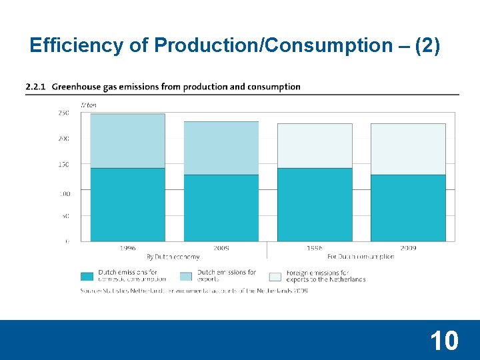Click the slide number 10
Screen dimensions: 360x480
point(444,341)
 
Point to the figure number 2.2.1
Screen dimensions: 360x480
point(35,87)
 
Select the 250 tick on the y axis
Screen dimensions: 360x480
point(63,113)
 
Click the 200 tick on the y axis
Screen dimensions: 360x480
point(63,139)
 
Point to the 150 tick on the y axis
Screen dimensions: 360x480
point(63,164)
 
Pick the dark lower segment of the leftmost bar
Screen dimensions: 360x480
point(127,204)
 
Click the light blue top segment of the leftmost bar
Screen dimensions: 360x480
point(127,141)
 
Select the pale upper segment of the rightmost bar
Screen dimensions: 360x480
point(408,149)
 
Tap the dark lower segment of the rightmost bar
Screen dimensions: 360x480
point(408,207)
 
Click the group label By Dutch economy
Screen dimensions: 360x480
point(173,257)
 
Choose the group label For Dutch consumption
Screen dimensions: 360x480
point(361,257)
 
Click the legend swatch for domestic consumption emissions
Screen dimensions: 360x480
point(87,276)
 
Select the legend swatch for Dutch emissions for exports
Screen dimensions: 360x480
point(185,276)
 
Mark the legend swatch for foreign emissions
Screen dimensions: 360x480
point(275,276)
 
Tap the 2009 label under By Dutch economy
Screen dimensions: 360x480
point(221,248)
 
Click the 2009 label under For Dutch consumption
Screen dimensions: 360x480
point(408,248)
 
